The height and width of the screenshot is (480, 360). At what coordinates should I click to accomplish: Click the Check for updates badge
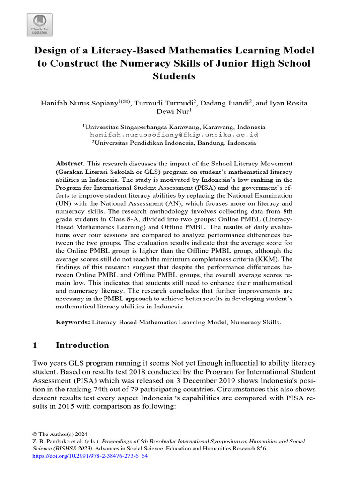tap(40, 25)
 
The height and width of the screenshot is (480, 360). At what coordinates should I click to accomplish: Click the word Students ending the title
tap(174, 76)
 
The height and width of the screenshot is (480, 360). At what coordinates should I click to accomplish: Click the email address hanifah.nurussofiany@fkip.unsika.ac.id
tap(174, 135)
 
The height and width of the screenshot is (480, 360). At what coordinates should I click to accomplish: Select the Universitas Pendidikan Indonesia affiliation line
tap(174, 142)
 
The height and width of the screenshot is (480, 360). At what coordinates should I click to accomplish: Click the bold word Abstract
tap(70, 164)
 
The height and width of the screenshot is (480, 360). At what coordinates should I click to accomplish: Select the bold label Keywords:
tap(73, 322)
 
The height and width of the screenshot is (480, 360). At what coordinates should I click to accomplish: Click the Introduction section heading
tap(82, 345)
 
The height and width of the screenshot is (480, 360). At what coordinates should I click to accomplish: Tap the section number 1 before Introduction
tap(35, 345)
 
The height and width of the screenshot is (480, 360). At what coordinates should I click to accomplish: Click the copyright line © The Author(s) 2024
tap(60, 434)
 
